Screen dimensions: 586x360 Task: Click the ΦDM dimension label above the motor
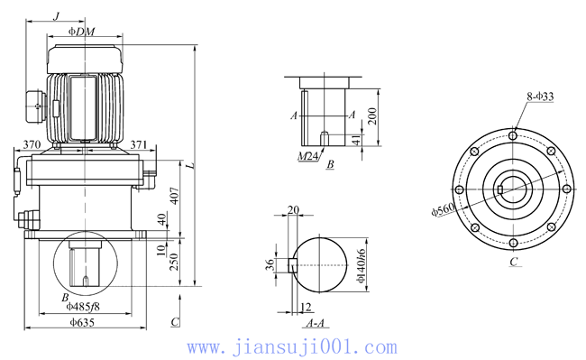tap(81, 32)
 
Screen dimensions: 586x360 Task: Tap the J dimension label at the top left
tap(57, 16)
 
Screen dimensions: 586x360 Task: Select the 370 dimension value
tap(32, 144)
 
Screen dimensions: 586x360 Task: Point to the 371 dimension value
tap(139, 144)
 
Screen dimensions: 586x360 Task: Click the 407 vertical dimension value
tap(175, 196)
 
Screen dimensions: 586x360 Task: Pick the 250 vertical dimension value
tap(174, 262)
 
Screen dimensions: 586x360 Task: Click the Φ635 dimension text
tap(82, 322)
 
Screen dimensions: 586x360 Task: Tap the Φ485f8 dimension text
tap(83, 307)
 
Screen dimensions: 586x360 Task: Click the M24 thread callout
tap(307, 156)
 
